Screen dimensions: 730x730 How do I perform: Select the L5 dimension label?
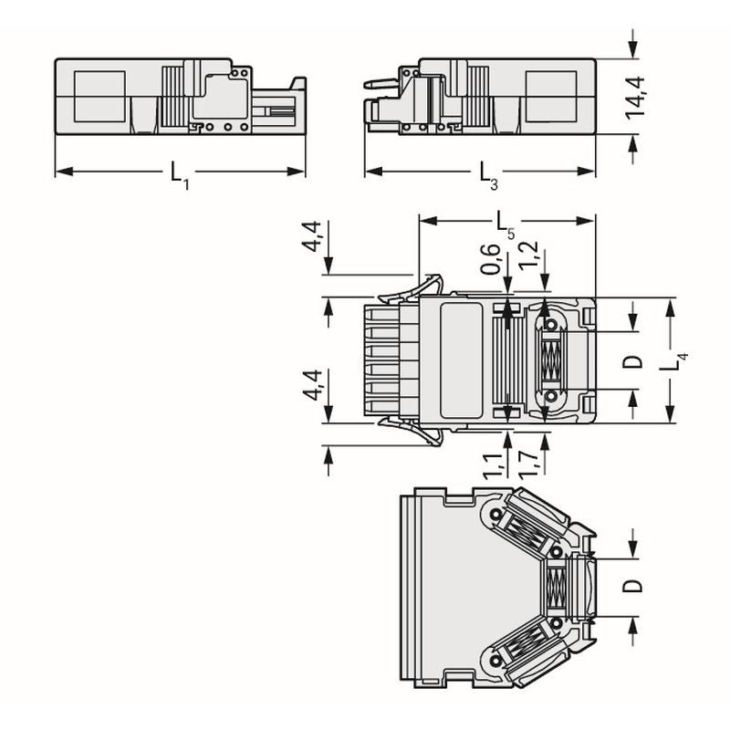click(x=506, y=225)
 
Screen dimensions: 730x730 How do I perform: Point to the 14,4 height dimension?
click(x=635, y=99)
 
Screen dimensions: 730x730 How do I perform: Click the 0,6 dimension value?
click(x=490, y=258)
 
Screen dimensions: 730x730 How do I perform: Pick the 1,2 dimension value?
click(x=529, y=255)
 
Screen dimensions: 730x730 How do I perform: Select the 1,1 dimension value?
click(x=493, y=465)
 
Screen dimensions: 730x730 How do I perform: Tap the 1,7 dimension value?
click(x=528, y=465)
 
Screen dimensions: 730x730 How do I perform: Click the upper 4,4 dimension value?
click(x=311, y=236)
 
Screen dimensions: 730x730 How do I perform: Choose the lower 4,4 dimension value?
click(x=312, y=385)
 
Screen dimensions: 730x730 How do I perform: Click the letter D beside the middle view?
click(x=632, y=361)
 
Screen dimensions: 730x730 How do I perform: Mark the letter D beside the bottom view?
click(x=632, y=586)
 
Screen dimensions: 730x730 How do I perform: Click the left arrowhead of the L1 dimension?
click(x=64, y=172)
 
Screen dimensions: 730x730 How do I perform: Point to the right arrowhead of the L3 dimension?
click(x=586, y=172)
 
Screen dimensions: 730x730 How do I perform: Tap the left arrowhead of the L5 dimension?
click(x=428, y=221)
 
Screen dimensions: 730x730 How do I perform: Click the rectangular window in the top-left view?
click(x=99, y=97)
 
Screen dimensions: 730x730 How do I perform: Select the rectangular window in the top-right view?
click(x=551, y=97)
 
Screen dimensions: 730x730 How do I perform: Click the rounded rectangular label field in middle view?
click(x=461, y=360)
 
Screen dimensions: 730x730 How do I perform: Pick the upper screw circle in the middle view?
click(x=551, y=325)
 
